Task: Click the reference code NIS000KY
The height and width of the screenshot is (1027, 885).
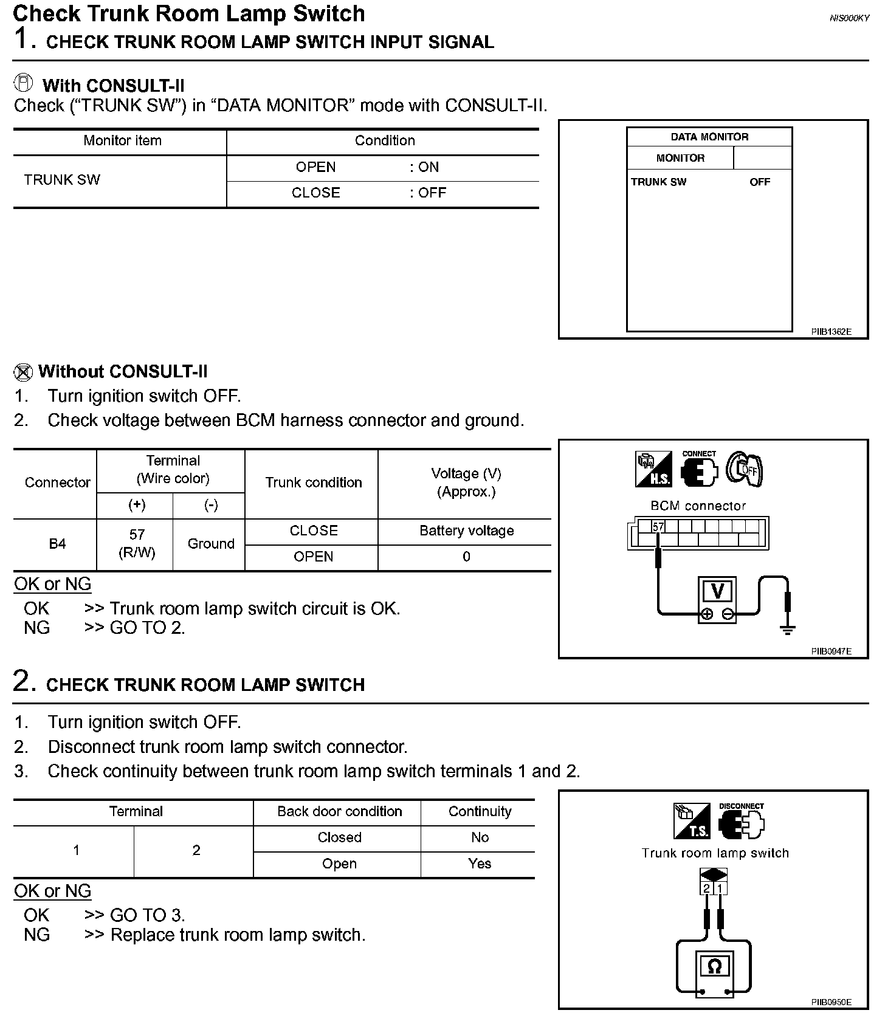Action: pos(849,18)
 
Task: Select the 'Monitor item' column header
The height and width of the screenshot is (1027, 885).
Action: pos(122,141)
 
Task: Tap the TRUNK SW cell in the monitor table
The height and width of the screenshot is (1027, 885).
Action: pos(62,180)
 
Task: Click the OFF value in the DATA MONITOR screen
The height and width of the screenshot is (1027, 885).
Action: pos(760,182)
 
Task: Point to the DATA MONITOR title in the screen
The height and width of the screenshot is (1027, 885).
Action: pos(709,137)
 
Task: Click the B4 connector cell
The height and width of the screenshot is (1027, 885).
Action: pos(57,544)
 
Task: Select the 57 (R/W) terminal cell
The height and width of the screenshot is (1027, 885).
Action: pos(137,543)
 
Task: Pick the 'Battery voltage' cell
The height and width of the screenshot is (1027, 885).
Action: pos(466,531)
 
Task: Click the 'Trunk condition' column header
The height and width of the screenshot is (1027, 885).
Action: pos(313,483)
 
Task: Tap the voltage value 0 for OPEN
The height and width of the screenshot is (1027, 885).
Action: pos(466,557)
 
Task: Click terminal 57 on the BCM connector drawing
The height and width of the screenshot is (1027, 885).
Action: pos(658,527)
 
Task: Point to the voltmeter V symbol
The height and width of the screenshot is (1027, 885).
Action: pos(717,591)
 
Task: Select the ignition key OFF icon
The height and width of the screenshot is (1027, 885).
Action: pos(745,470)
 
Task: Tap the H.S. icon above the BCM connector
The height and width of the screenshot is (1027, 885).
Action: pos(653,470)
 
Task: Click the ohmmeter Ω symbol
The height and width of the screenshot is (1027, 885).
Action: pos(715,966)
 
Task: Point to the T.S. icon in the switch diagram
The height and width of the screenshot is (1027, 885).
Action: pos(692,821)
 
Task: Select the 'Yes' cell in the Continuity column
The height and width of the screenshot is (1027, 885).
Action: pos(480,864)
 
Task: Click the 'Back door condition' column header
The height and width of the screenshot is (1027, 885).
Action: pos(339,812)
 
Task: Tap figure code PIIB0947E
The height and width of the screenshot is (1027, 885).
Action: pos(831,651)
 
